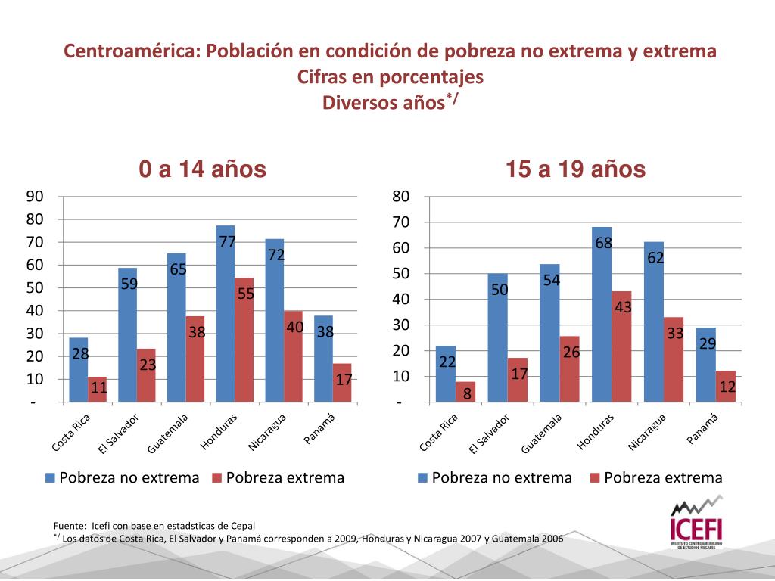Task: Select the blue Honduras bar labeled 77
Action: pos(226,318)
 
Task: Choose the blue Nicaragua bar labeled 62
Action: pos(654,325)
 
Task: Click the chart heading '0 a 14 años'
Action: pos(202,170)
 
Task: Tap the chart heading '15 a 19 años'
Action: pos(576,170)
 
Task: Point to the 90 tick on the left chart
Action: pos(35,197)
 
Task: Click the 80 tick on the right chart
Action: pos(401,197)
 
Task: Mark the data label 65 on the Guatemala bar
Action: pos(178,269)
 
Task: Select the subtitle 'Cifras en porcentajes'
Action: pos(390,77)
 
